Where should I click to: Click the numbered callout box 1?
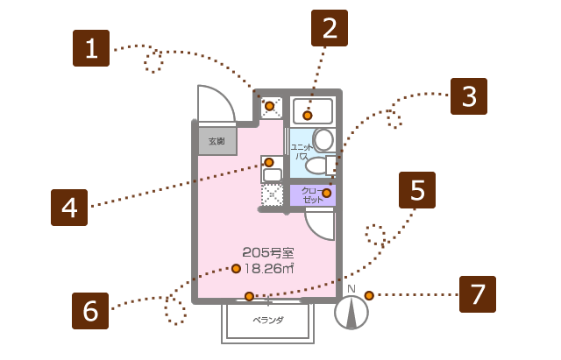pyautogui.click(x=91, y=48)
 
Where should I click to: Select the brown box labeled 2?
pyautogui.click(x=330, y=28)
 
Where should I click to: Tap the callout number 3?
pyautogui.click(x=469, y=96)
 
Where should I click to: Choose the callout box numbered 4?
pyautogui.click(x=69, y=208)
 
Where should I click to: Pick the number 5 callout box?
pyautogui.click(x=417, y=190)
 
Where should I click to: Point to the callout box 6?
pyautogui.click(x=90, y=311)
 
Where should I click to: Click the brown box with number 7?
pyautogui.click(x=478, y=294)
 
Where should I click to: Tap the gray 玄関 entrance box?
pyautogui.click(x=217, y=141)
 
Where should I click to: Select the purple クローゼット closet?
pyautogui.click(x=312, y=195)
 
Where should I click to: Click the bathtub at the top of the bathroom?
pyautogui.click(x=311, y=111)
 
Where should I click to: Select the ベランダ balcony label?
pyautogui.click(x=268, y=321)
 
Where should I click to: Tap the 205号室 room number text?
pyautogui.click(x=267, y=253)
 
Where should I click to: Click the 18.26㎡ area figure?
pyautogui.click(x=267, y=269)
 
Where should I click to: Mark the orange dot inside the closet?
pyautogui.click(x=327, y=193)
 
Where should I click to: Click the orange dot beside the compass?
pyautogui.click(x=369, y=295)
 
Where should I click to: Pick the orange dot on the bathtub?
pyautogui.click(x=308, y=116)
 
